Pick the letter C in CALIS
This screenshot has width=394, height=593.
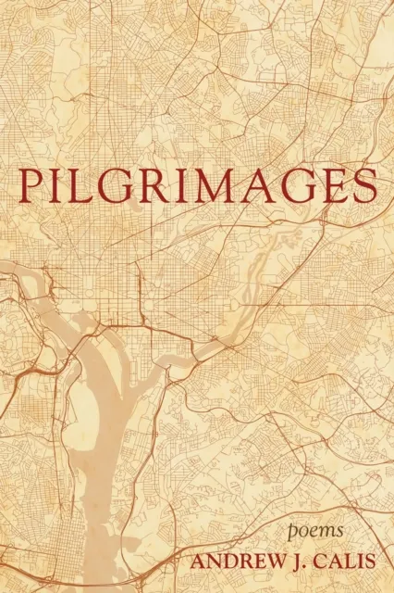(314, 560)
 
